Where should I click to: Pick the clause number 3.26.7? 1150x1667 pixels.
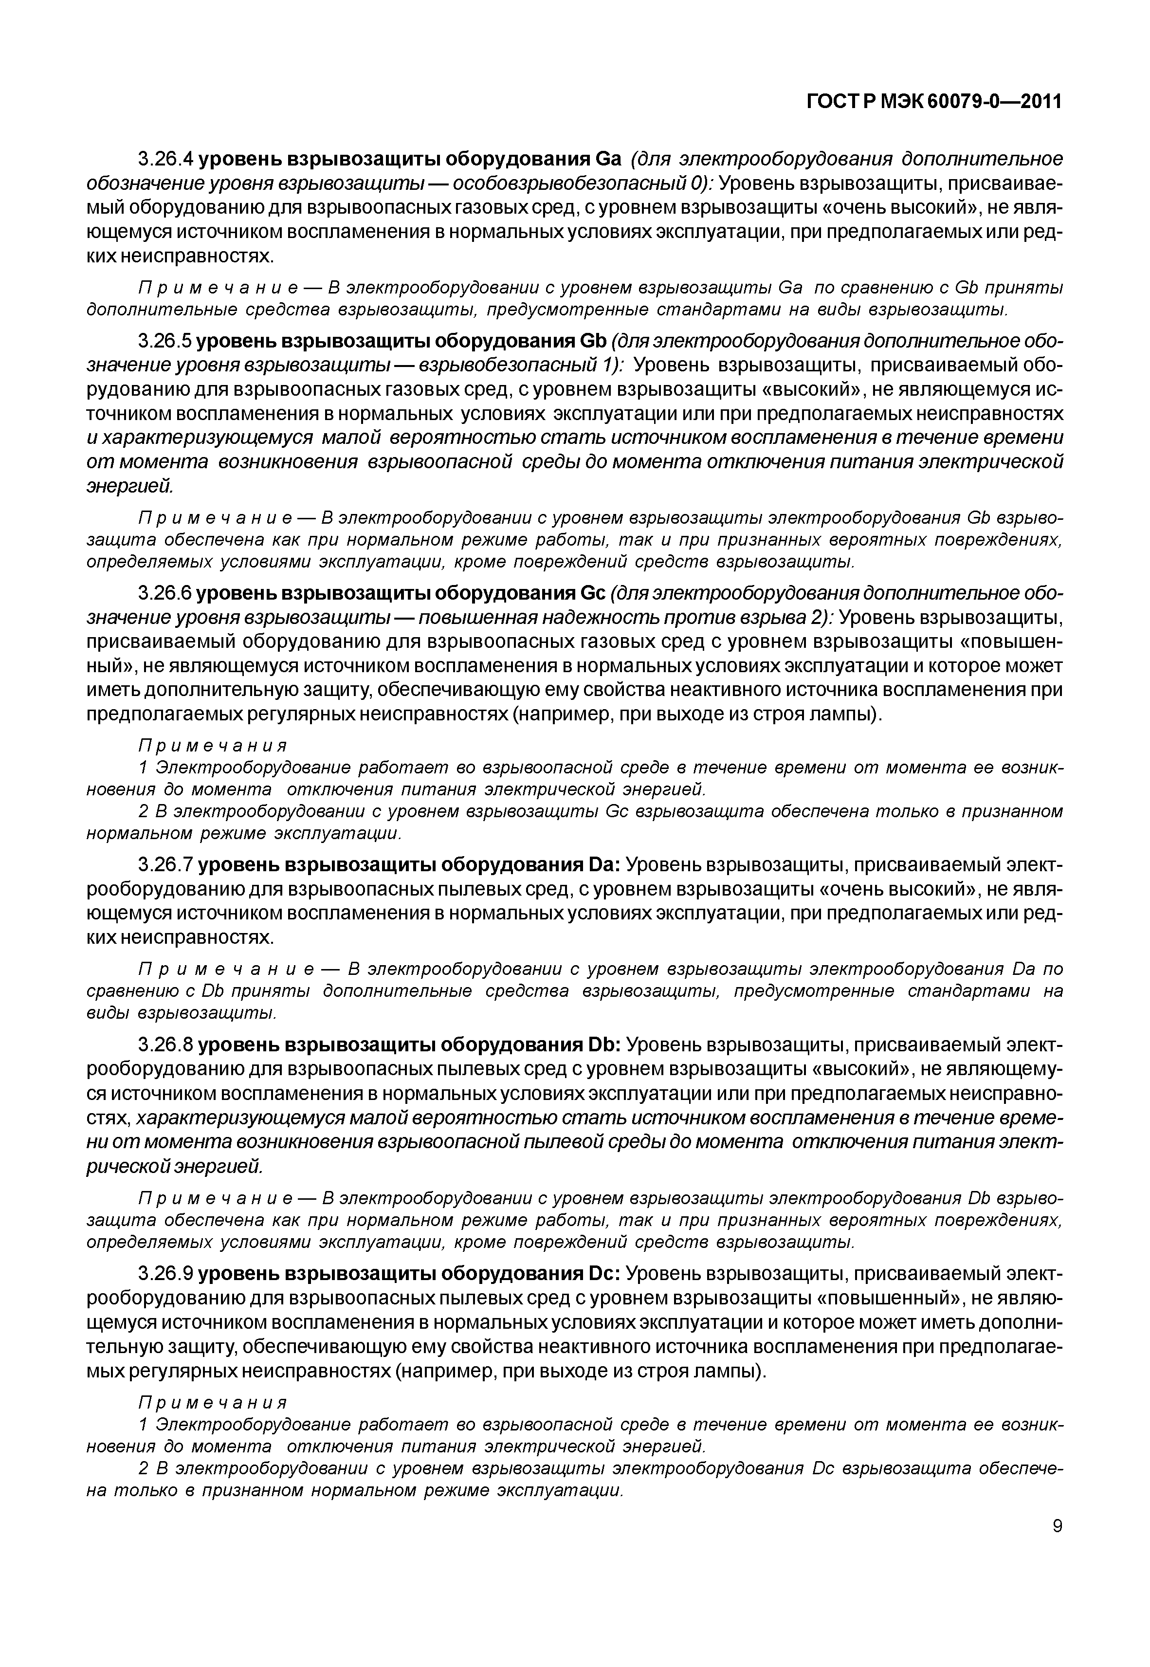(166, 864)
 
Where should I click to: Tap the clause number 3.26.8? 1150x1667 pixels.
(166, 1045)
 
